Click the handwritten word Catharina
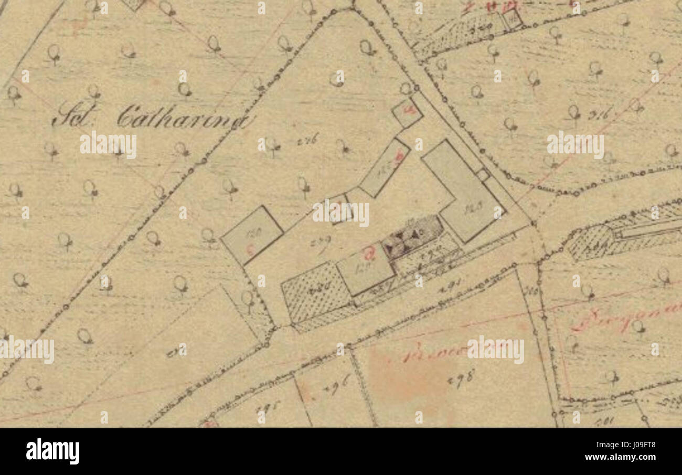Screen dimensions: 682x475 pyautogui.click(x=181, y=118)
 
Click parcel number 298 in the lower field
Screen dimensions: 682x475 pyautogui.click(x=461, y=376)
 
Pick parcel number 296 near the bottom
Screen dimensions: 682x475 pyautogui.click(x=335, y=388)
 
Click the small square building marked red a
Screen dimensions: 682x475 pyautogui.click(x=408, y=112)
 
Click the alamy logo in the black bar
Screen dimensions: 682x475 pyautogui.click(x=52, y=451)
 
